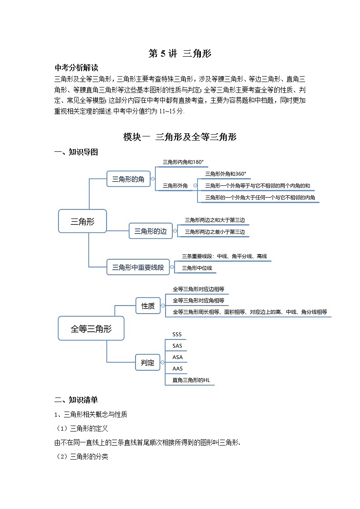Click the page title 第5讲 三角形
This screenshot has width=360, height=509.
(x=180, y=54)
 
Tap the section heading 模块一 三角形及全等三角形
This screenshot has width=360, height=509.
(x=180, y=137)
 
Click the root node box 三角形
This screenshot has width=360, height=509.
(x=82, y=221)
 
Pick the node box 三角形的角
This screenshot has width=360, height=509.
(x=128, y=179)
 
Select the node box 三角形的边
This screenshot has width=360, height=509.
(x=151, y=232)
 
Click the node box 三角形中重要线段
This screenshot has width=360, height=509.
(x=138, y=267)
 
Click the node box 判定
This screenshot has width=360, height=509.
(x=148, y=363)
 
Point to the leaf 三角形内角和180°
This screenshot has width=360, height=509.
(x=183, y=162)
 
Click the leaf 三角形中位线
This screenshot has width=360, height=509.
(x=197, y=268)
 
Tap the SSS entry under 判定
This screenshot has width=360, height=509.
(x=177, y=334)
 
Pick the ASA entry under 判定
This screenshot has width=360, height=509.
(x=177, y=357)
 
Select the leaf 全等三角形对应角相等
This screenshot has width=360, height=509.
(x=199, y=301)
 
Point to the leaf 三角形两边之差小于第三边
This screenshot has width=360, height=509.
(x=214, y=232)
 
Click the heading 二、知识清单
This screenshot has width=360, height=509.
(x=76, y=400)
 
